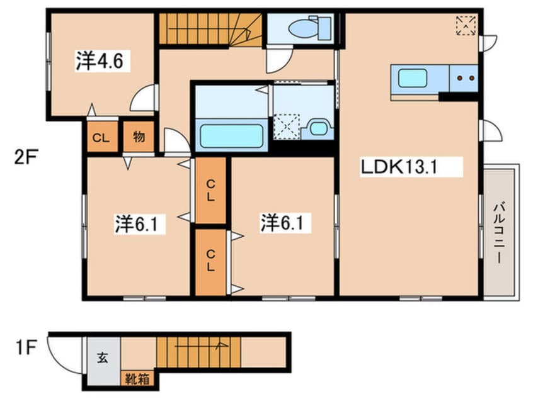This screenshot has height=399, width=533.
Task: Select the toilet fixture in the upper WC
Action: pyautogui.click(x=310, y=28)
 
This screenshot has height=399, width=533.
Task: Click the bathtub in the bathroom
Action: pyautogui.click(x=231, y=136)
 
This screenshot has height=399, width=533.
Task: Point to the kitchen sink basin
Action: pyautogui.click(x=412, y=78)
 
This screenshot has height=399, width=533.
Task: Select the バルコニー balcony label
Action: pyautogui.click(x=499, y=233)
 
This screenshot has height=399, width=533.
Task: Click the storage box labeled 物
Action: pyautogui.click(x=139, y=136)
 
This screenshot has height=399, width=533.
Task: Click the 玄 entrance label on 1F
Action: pyautogui.click(x=103, y=357)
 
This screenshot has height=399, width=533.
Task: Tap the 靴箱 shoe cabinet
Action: pyautogui.click(x=137, y=379)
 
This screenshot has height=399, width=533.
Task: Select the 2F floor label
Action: pyautogui.click(x=25, y=157)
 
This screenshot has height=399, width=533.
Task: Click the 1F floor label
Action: pyautogui.click(x=26, y=347)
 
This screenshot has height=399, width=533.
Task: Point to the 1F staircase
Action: pyautogui.click(x=198, y=352)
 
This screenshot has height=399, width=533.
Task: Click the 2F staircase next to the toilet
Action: pyautogui.click(x=210, y=29)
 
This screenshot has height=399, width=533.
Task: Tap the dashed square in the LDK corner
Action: pyautogui.click(x=466, y=25)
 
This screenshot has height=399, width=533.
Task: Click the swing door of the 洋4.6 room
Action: pyautogui.click(x=143, y=98)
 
